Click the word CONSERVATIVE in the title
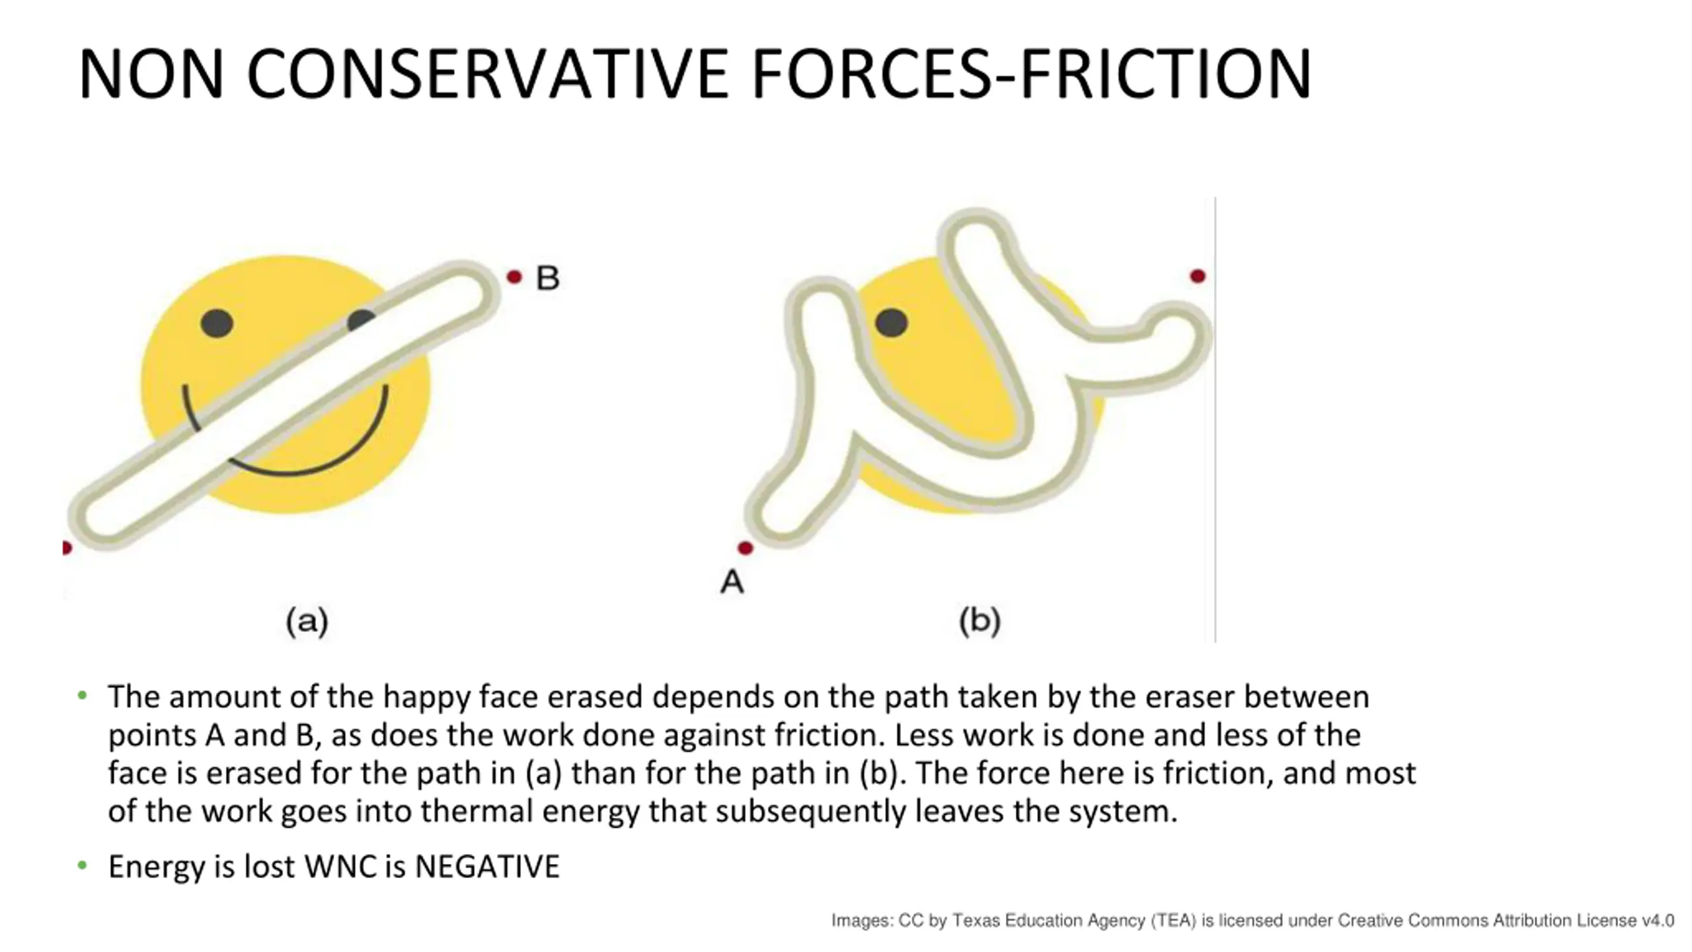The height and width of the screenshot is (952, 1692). pos(487,74)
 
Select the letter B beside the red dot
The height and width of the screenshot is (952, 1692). pos(547,278)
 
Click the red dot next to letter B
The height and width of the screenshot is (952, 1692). pos(514,277)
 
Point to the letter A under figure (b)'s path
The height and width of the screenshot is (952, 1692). pos(732,582)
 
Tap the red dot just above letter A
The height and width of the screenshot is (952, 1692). pos(745,548)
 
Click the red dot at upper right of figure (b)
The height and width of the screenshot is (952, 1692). pos(1197,276)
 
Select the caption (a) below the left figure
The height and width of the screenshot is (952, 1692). pos(307,621)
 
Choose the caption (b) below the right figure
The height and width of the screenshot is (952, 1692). pos(980,621)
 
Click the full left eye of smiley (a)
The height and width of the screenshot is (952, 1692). pos(217,323)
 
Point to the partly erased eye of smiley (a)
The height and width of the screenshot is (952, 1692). pos(360,319)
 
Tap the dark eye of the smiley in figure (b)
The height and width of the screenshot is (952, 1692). pos(891,323)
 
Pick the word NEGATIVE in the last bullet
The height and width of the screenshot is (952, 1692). pos(487,867)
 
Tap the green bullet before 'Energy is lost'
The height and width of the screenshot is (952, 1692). pos(82,865)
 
